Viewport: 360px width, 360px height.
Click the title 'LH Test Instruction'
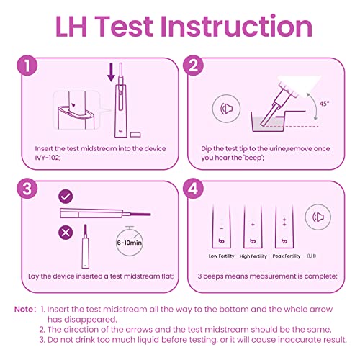(180, 27)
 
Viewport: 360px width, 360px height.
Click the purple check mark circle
(66, 196)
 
